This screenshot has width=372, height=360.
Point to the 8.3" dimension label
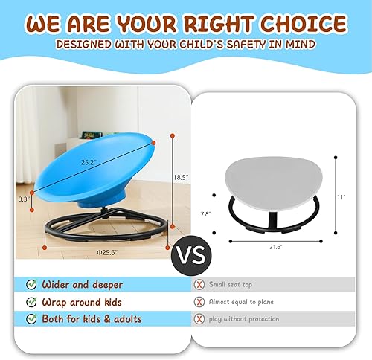click(25, 199)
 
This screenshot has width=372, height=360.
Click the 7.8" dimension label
click(206, 213)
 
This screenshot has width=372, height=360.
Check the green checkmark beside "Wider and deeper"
click(31, 284)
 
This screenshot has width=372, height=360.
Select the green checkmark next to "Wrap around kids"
click(31, 301)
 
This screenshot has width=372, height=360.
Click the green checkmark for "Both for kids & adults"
click(31, 319)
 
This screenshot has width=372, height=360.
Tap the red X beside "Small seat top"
click(199, 284)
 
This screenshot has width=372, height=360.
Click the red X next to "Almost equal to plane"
click(199, 301)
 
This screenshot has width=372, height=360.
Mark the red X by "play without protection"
click(199, 319)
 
